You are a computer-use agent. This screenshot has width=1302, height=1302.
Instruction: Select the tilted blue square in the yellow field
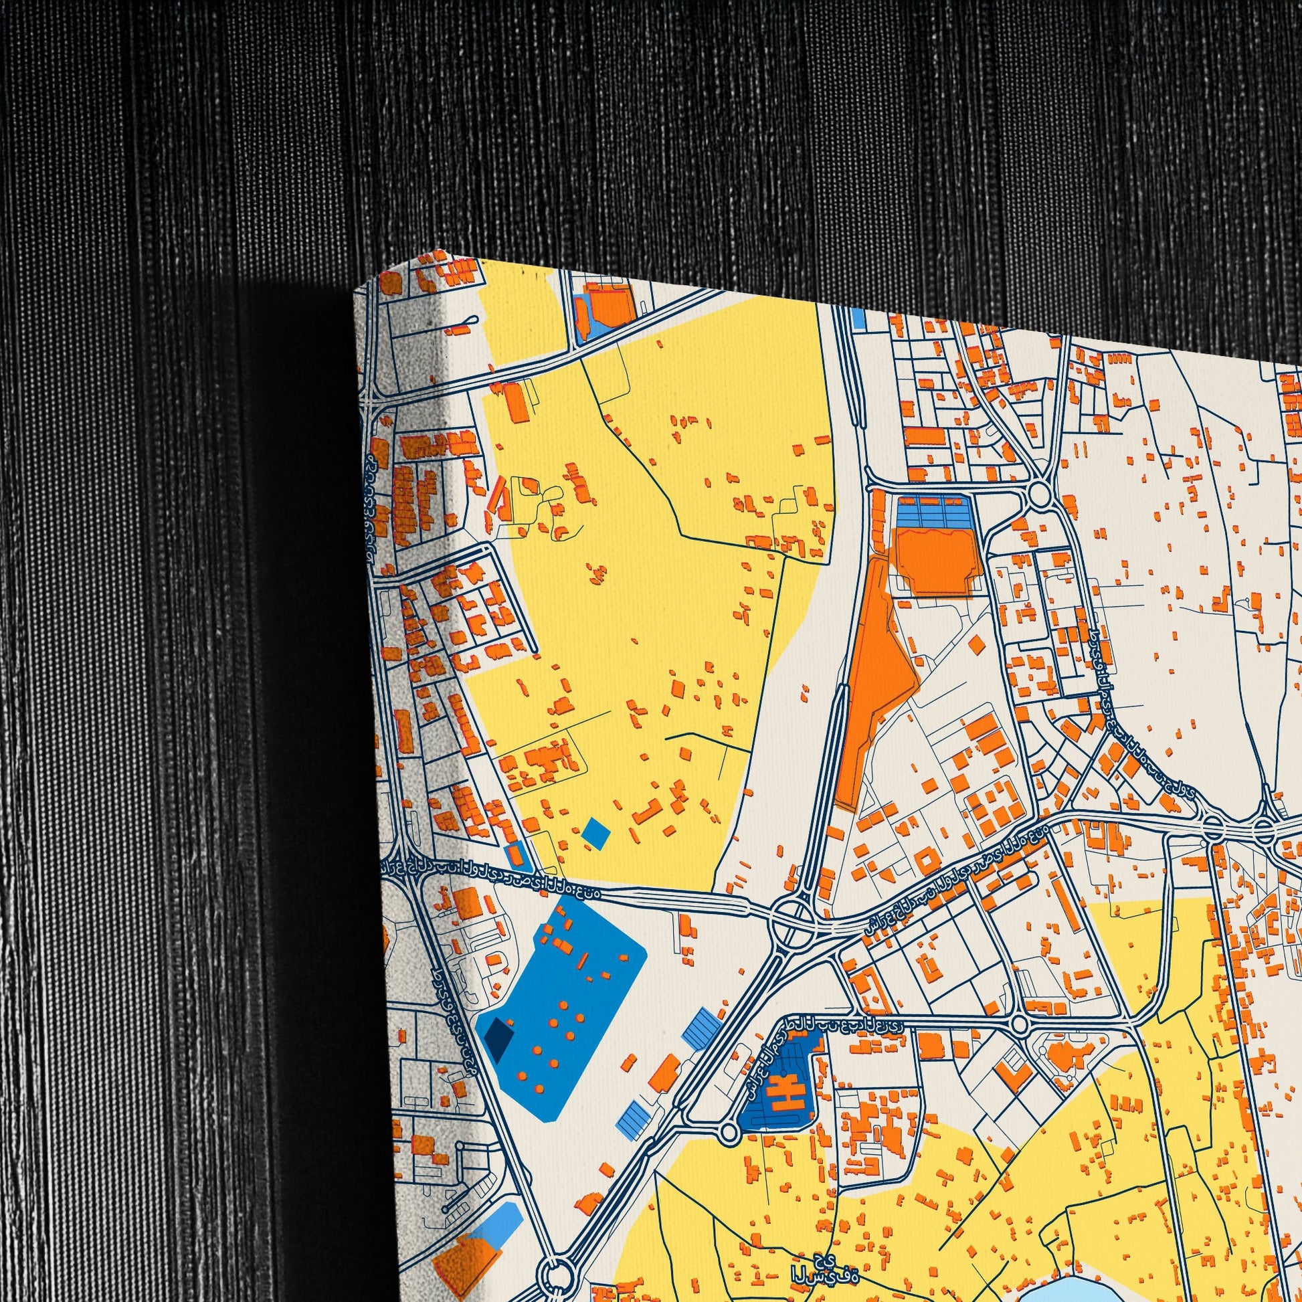(595, 834)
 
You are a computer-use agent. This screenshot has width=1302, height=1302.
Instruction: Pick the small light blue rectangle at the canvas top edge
(858, 318)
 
